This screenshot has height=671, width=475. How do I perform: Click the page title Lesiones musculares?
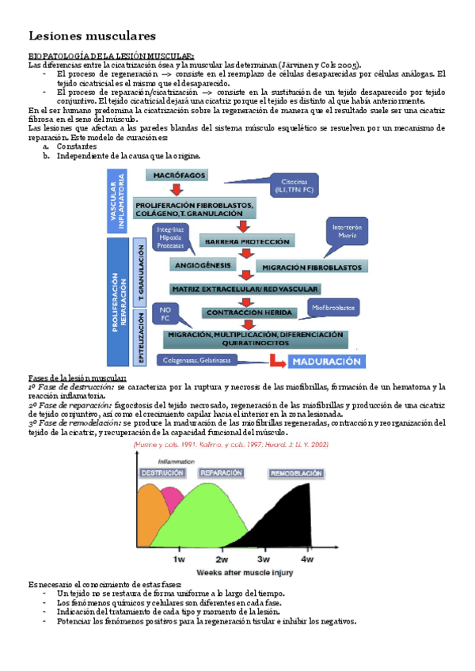(92, 36)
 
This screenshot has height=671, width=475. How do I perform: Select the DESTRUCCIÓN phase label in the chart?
(162, 472)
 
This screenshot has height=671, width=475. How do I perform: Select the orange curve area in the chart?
(150, 522)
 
